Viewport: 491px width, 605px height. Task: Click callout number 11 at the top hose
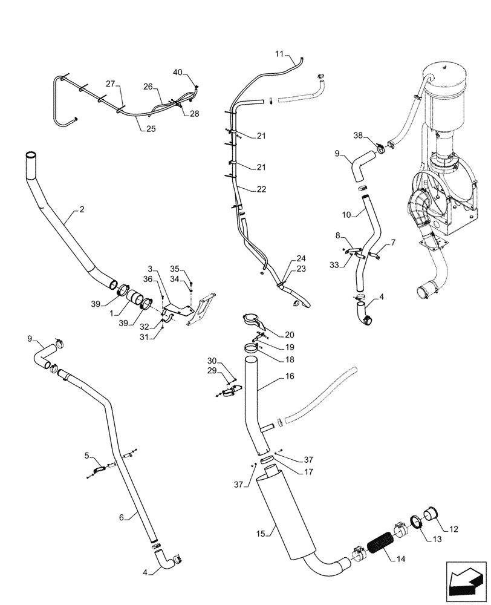(279, 54)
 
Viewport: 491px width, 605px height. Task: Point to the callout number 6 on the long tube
(122, 517)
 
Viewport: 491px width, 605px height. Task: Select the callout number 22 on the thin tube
(261, 189)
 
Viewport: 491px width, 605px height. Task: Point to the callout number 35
(174, 268)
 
